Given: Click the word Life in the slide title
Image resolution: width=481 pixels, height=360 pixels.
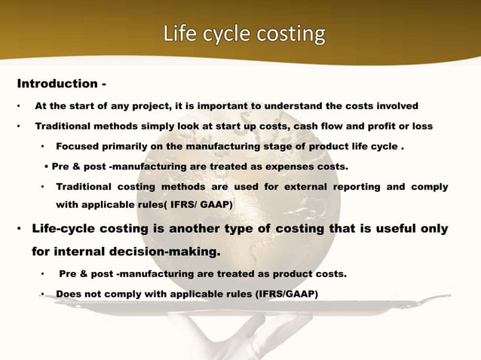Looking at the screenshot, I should [x=179, y=35].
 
